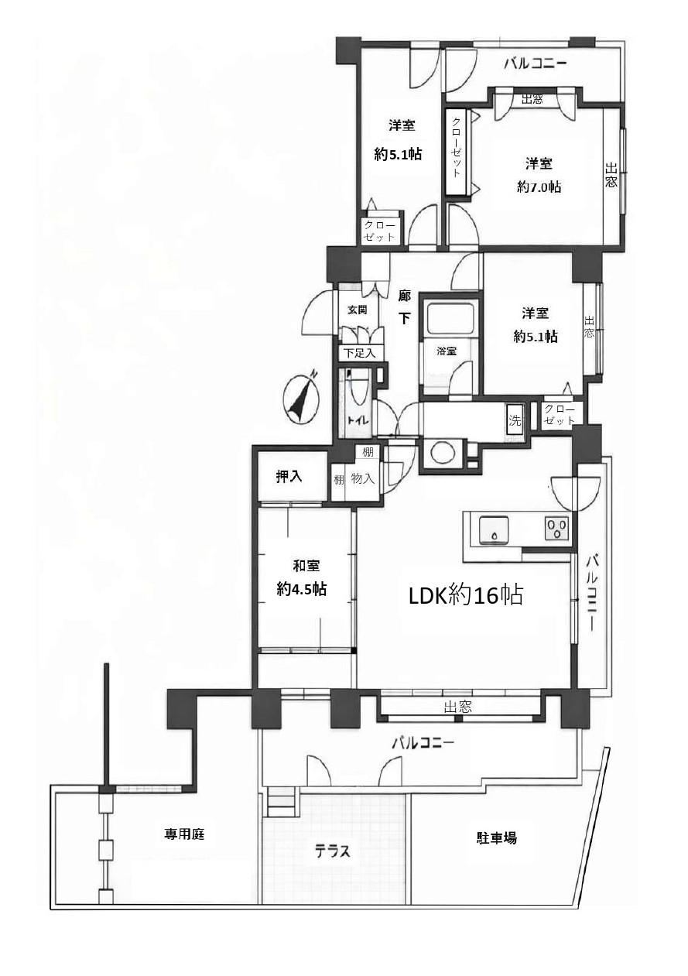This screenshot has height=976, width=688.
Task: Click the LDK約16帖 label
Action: pos(465,594)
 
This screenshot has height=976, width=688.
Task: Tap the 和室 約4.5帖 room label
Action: pos(302,578)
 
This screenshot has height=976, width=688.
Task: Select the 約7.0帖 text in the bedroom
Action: pos(539,187)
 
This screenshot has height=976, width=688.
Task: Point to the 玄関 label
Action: pos(357,310)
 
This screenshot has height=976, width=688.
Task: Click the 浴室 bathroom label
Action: pos(447,351)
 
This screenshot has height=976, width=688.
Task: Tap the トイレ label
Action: pos(358,421)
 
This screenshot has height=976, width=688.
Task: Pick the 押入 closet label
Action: pos(289,477)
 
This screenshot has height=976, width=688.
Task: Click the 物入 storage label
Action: pos(362,480)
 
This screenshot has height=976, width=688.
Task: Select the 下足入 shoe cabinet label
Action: pos(360,352)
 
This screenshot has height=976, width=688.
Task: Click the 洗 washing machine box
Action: pos(515,420)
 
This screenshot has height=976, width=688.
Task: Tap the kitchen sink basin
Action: pos(494,530)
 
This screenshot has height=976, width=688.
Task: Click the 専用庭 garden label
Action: pos(184,834)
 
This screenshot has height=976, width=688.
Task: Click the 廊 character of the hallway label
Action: pos(405,296)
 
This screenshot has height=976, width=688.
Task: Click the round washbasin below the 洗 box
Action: pos(442,454)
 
